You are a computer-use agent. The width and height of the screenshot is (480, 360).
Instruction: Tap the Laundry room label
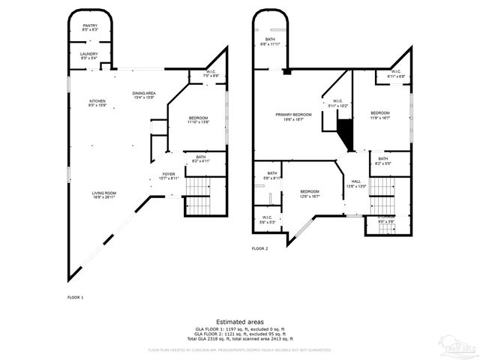pyautogui.click(x=89, y=55)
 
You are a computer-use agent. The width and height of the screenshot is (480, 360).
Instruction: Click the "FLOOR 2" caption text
pyautogui.click(x=259, y=247)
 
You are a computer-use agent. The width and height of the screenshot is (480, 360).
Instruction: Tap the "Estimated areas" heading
pyautogui.click(x=239, y=321)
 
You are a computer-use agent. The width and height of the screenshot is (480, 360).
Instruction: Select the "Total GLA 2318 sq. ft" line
pyautogui.click(x=240, y=339)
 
